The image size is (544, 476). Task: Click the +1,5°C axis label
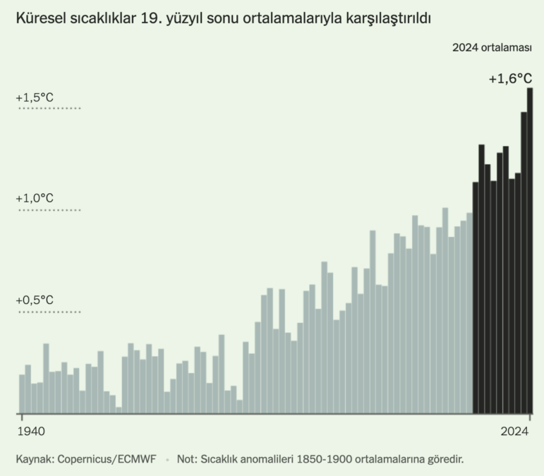coord(34,97)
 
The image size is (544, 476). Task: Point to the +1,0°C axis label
coord(34,199)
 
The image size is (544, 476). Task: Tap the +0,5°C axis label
coord(34,300)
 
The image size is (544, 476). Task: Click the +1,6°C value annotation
coord(510,80)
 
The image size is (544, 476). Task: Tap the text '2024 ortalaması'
coord(492,47)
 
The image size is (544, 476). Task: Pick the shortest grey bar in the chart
coord(119,410)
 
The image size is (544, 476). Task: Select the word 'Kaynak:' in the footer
coord(35,458)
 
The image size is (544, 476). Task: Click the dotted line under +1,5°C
coord(49,109)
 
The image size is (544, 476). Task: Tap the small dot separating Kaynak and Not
coord(168,459)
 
